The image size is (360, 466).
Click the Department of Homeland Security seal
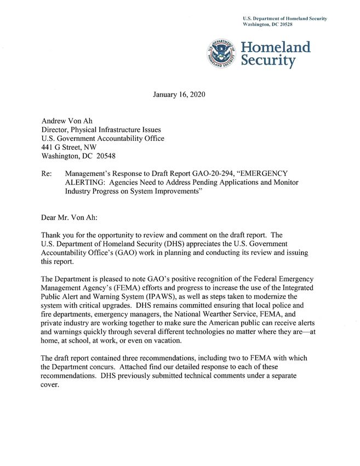pyautogui.click(x=222, y=54)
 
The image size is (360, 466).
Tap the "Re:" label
pyautogui.click(x=48, y=173)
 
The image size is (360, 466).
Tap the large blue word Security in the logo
pyautogui.click(x=268, y=61)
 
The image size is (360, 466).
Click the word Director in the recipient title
pyautogui.click(x=58, y=129)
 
